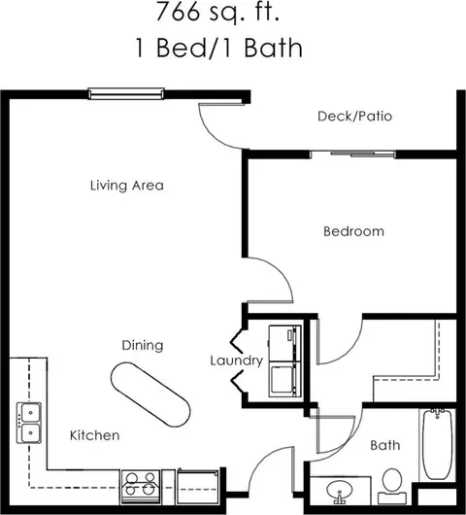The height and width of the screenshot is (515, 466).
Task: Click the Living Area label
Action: click(127, 186)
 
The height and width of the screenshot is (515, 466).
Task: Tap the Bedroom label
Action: click(353, 231)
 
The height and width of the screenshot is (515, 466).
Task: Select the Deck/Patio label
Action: click(354, 117)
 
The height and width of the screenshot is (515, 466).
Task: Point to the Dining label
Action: click(143, 345)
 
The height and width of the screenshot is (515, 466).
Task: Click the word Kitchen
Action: click(95, 435)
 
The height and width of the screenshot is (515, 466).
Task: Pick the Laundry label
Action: click(237, 360)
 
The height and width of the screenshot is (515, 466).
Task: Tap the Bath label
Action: click(385, 445)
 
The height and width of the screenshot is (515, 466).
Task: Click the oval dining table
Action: click(150, 395)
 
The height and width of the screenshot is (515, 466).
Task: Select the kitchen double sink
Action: click(29, 423)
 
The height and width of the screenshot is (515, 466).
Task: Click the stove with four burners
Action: click(141, 487)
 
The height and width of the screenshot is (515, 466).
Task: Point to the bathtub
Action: click(438, 444)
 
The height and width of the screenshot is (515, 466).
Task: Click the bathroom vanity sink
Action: click(340, 491)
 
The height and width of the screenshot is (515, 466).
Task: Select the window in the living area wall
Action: click(126, 93)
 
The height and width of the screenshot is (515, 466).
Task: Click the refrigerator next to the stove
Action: click(197, 487)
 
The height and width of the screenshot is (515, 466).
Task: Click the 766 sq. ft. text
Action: click(217, 13)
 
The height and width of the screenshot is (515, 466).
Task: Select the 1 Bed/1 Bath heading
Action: click(218, 48)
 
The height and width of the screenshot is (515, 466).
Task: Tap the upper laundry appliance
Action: click(284, 343)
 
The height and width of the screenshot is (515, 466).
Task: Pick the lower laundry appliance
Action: click(284, 379)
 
